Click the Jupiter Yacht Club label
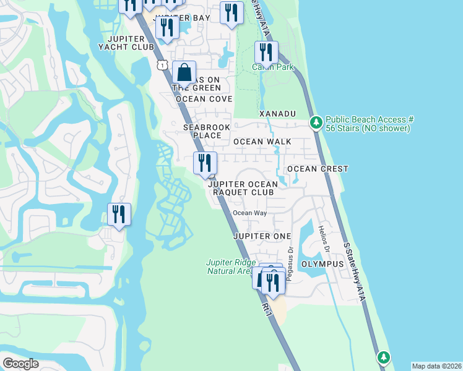pos(129,43)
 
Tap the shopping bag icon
pos(184,73)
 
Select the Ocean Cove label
pos(204,99)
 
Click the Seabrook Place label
pos(202,130)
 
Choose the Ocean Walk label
pos(262,142)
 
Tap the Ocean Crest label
pos(318,169)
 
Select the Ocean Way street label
pos(249,213)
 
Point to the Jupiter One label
pos(262,237)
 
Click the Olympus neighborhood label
pos(322,264)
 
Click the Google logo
pos(20,364)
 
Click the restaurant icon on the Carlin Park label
pos(266,53)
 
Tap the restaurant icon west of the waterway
pos(119,215)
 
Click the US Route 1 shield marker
pos(162,64)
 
